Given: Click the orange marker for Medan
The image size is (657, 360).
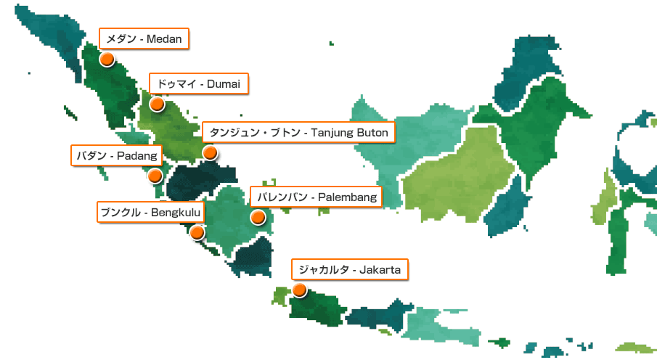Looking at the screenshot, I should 107,60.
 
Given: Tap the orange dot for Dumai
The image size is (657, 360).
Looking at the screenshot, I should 158,104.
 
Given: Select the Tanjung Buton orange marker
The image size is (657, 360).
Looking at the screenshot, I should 210,152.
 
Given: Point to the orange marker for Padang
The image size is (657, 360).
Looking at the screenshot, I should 155,175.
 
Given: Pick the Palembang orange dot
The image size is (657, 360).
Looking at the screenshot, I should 257,216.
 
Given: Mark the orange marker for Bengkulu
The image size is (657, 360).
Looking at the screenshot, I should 197,232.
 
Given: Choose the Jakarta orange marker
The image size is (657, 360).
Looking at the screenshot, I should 299,290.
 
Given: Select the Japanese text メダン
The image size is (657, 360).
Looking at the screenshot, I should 121,38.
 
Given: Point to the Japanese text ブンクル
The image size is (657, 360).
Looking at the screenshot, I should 121,213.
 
